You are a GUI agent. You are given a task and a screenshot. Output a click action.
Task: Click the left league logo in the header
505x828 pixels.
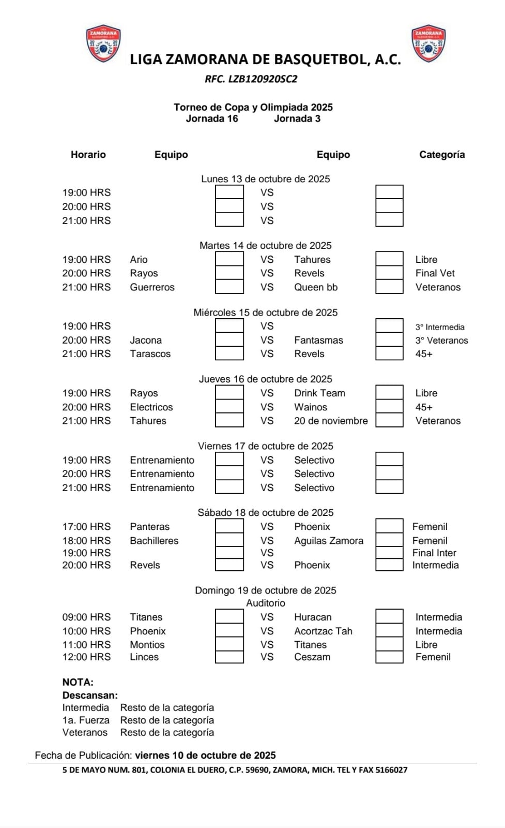pos(103,43)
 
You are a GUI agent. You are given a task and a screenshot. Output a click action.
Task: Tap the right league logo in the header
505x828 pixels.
pos(429,43)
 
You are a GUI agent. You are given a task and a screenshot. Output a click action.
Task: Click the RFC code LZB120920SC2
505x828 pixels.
pos(251,79)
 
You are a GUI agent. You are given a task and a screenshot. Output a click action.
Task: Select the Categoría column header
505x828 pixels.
pos(441,155)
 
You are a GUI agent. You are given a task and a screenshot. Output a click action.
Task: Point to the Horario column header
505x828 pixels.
pos(88,155)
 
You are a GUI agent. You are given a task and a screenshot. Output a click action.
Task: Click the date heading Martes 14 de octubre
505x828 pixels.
pos(265,245)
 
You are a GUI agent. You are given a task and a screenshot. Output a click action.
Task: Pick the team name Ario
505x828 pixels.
pos(139,259)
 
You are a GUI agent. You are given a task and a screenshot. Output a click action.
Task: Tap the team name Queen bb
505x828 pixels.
pos(316,287)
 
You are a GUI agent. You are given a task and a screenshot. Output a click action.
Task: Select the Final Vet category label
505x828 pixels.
pos(435,273)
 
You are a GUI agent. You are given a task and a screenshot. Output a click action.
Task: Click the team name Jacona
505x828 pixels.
pos(146,340)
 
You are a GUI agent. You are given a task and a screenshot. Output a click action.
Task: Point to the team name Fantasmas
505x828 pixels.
pos(318,340)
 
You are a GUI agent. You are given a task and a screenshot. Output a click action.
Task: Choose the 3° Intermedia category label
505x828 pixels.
pos(439,327)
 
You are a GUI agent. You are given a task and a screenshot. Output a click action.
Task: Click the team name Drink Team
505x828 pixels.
pos(319,393)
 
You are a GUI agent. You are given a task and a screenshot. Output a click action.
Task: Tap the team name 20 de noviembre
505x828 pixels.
pos(331,421)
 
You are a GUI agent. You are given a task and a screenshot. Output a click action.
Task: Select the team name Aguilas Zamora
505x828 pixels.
pos(329,541)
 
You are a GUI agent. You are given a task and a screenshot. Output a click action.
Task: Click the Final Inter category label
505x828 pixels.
pos(434,553)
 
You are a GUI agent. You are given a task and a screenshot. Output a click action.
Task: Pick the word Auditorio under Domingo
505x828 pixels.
pos(265,603)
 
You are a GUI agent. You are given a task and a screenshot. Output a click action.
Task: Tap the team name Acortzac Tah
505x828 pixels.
pos(323,631)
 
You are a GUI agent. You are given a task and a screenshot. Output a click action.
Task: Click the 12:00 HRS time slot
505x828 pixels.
pos(86,657)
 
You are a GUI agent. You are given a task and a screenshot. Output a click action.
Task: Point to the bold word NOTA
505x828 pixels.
pos(78,682)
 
